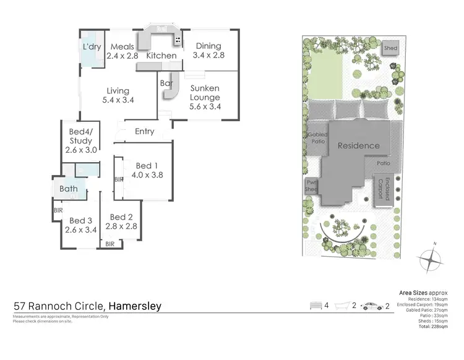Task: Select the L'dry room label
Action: coord(92,46)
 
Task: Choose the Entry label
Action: coord(144,131)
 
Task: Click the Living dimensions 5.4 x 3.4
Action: coord(117,100)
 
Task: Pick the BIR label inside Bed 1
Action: coord(119,179)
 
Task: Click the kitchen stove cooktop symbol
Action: coord(178,41)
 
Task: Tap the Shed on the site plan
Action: coord(390,48)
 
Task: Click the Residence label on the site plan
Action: coord(358,146)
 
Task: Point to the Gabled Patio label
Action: coord(317,137)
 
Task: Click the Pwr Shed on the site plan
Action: coord(311,186)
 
